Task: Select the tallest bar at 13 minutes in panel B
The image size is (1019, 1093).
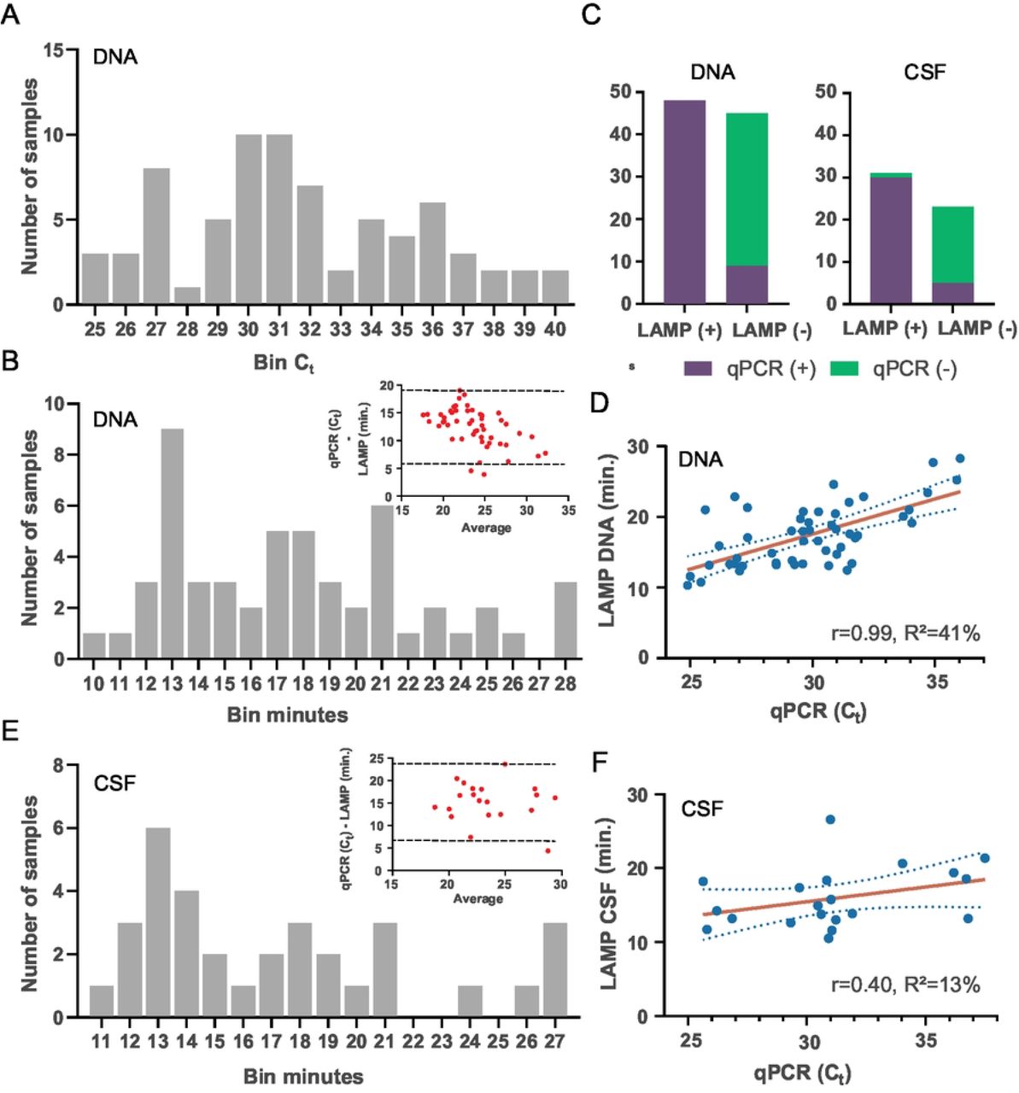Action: point(171,544)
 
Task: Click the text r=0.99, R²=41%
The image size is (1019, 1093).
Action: point(905,633)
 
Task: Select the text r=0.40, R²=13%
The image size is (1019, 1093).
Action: point(905,985)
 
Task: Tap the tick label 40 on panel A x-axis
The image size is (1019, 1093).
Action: point(554,329)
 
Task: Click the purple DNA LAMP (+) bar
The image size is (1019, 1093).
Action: point(684,202)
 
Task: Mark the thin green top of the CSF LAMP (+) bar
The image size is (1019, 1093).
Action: point(891,175)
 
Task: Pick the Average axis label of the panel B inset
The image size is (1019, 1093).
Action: point(486,528)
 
